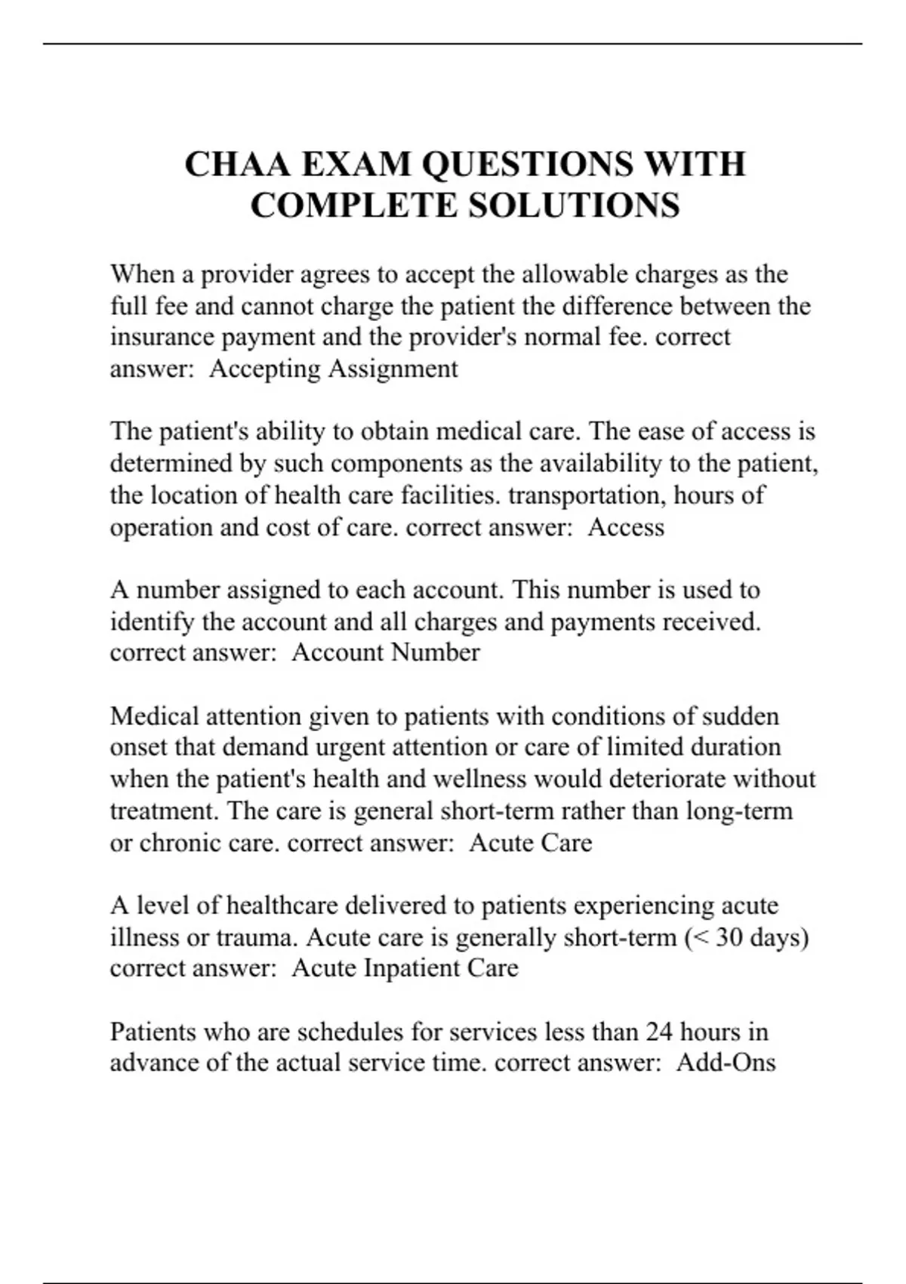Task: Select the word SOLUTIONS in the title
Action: (x=574, y=206)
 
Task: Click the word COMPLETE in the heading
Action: (x=353, y=206)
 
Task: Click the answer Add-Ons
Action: (x=726, y=1063)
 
